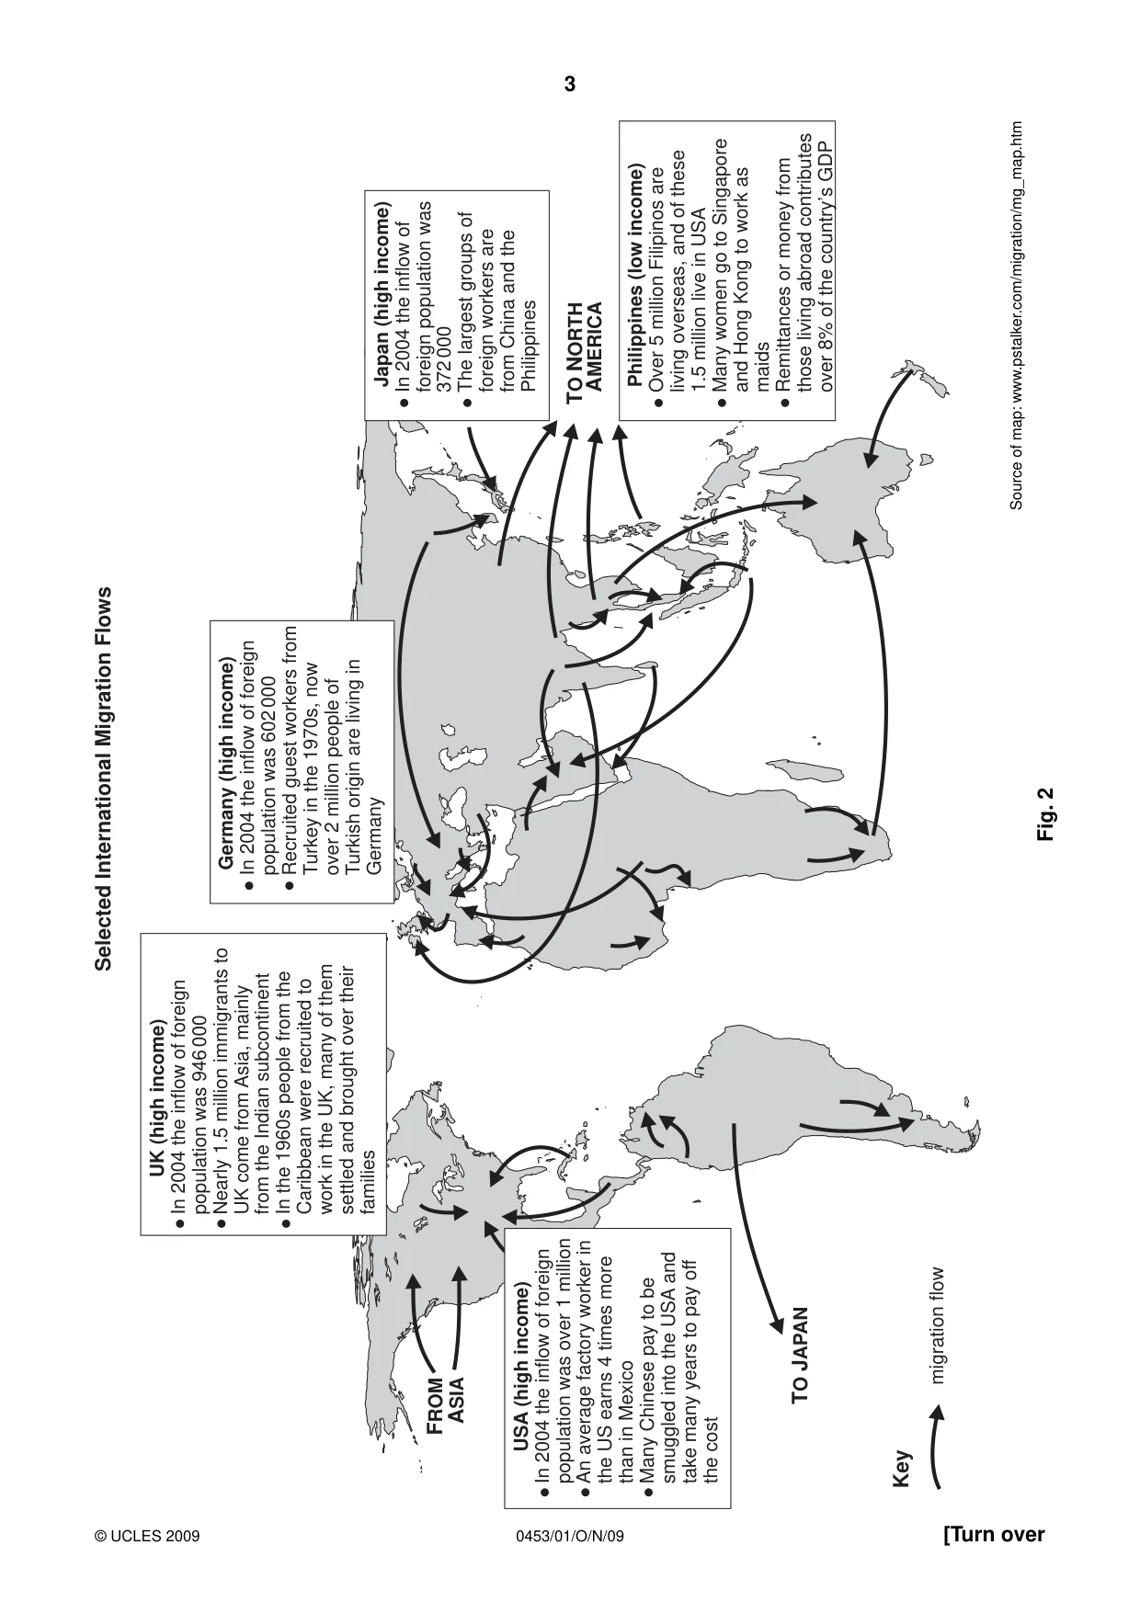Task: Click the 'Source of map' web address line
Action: point(1017,315)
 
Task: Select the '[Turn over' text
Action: point(995,1535)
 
